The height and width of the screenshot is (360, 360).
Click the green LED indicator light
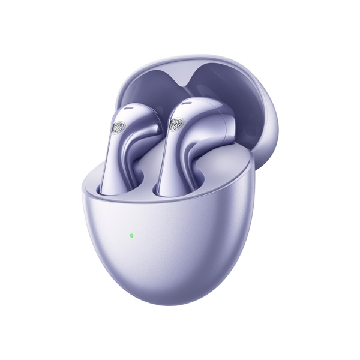pos(131,235)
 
